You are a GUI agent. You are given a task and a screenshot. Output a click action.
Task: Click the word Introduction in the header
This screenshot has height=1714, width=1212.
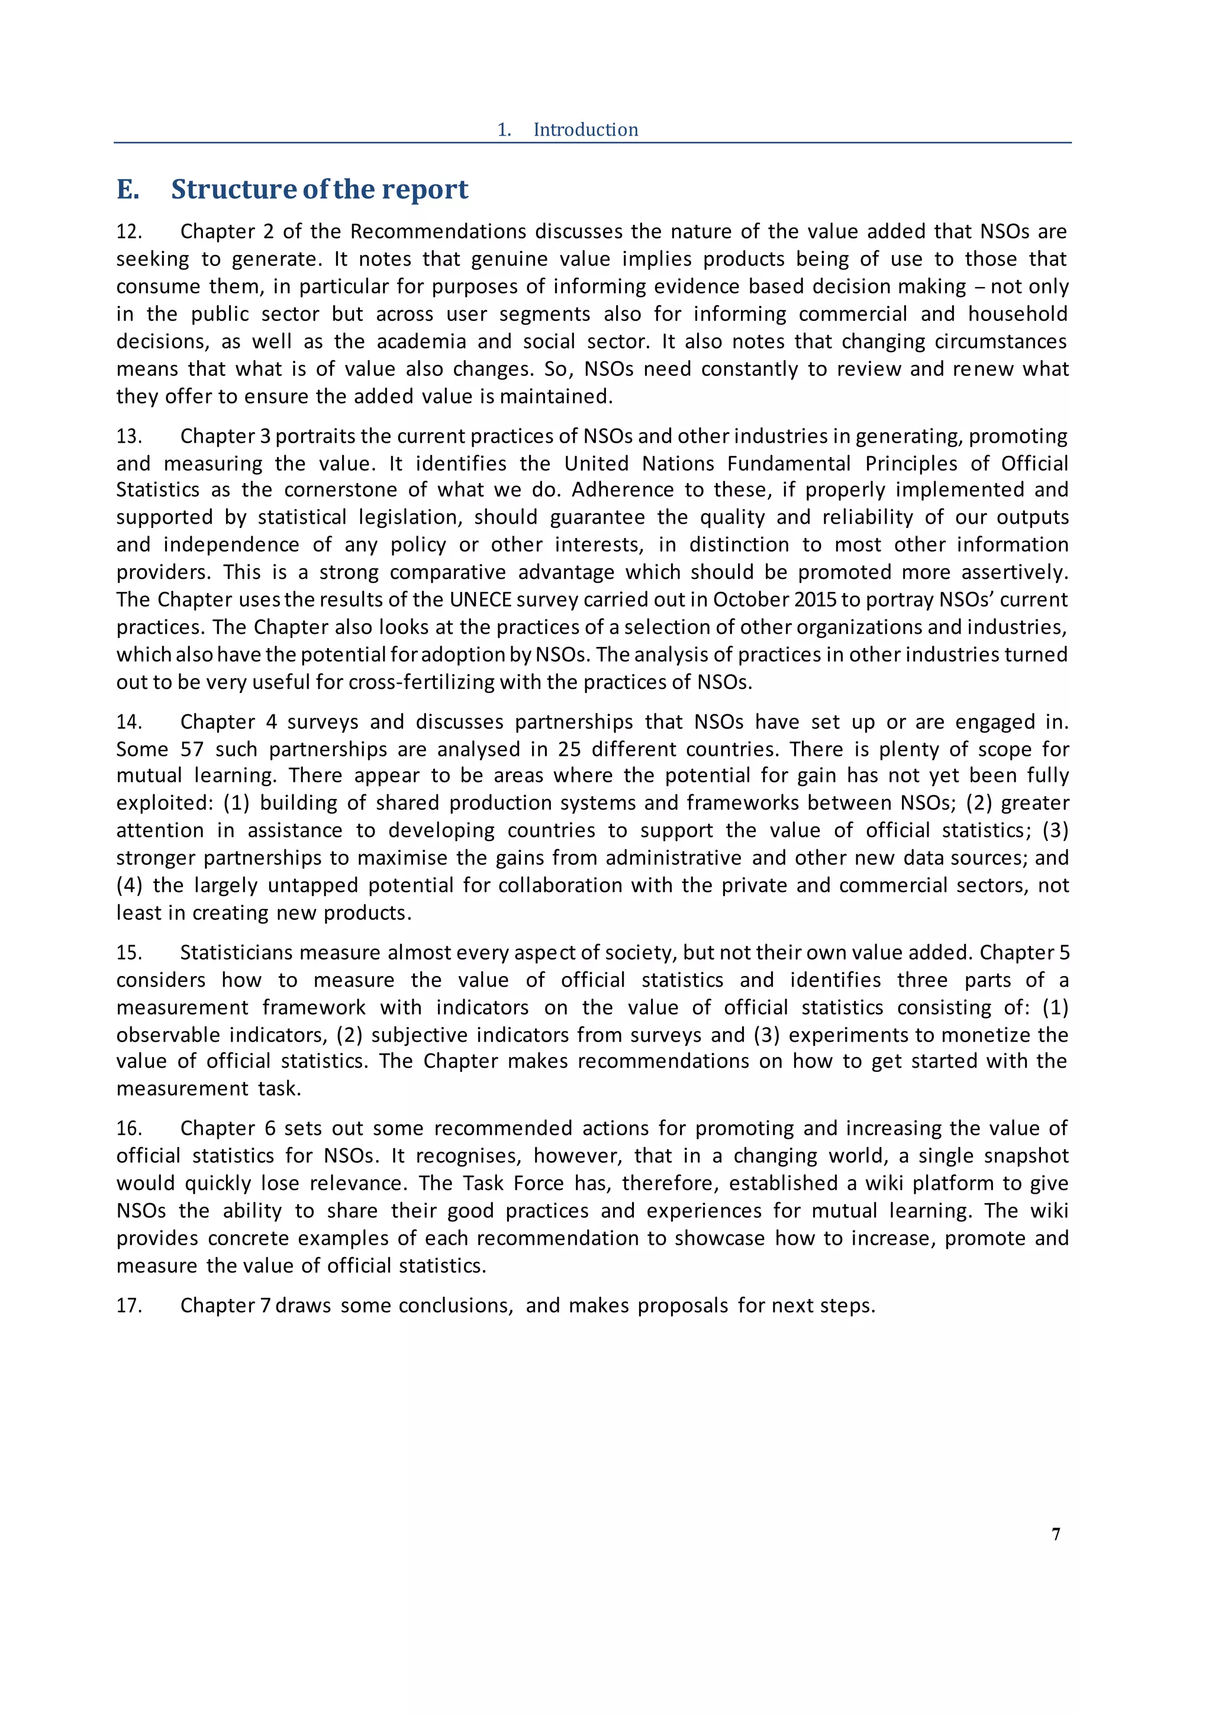(585, 130)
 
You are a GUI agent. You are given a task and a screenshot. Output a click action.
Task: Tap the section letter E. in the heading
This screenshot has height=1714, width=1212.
(128, 189)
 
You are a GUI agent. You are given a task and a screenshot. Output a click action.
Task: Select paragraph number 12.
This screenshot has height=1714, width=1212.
(128, 231)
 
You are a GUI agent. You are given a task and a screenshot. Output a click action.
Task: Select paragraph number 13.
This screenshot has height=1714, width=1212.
(128, 436)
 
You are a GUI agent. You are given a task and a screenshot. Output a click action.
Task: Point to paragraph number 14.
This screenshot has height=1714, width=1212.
(128, 722)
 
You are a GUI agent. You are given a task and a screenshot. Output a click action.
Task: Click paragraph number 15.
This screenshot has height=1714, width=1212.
(128, 952)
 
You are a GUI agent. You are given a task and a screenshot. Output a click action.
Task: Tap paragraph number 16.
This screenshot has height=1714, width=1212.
(128, 1128)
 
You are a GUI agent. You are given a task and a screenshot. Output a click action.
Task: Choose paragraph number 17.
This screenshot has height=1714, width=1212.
(128, 1305)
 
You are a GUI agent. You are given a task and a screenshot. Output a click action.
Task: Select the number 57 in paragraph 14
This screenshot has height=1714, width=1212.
(192, 749)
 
